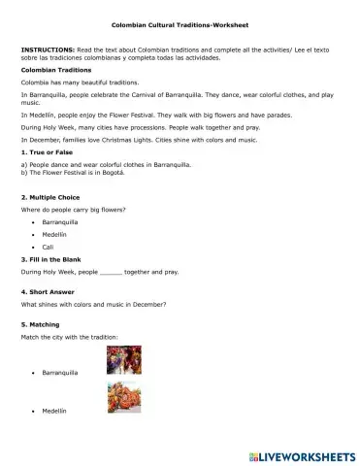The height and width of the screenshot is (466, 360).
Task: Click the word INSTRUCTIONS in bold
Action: pyautogui.click(x=41, y=47)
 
